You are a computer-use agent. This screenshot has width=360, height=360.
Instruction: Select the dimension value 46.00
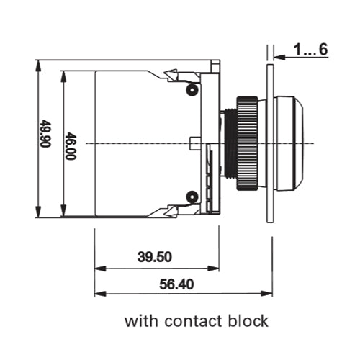pos(71,146)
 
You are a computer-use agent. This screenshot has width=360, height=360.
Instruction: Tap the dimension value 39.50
pos(155,257)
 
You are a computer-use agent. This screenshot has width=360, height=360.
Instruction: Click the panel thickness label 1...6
pos(310,50)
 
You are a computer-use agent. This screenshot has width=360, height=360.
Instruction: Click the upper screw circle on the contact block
pos(192,89)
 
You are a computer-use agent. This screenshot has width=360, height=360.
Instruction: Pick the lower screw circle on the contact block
pos(192,197)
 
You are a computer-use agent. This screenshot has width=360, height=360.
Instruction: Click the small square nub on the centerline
pos(194,143)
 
